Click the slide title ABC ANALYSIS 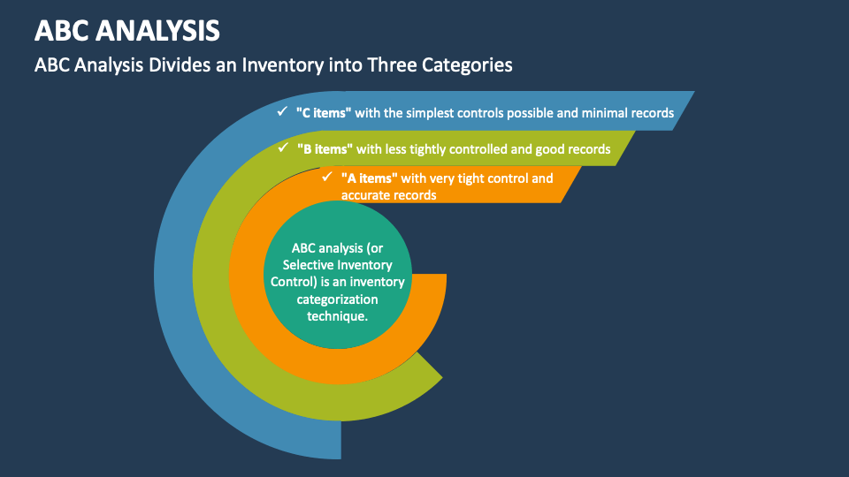pyautogui.click(x=127, y=30)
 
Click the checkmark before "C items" pyautogui.click(x=281, y=112)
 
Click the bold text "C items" pyautogui.click(x=325, y=113)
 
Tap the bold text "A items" pyautogui.click(x=370, y=178)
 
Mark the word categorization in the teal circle pyautogui.click(x=337, y=299)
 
